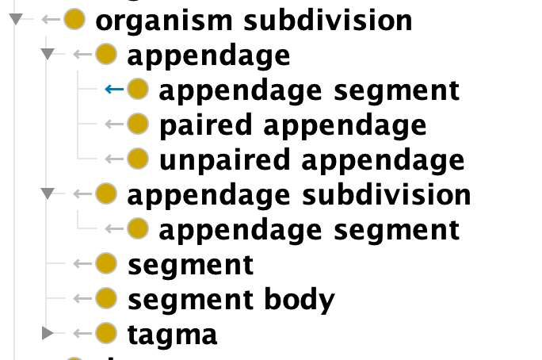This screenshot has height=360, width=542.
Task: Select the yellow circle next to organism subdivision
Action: [74, 19]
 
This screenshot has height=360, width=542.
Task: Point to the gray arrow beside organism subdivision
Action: [50, 19]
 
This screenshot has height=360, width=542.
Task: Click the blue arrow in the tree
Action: [113, 89]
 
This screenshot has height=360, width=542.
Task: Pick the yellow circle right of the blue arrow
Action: [138, 89]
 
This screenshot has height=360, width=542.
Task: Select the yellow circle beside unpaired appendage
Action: [138, 159]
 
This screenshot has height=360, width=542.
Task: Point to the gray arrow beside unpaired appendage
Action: [113, 159]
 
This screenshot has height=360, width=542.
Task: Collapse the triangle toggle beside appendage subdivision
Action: [48, 193]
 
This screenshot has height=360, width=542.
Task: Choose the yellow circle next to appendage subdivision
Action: [105, 193]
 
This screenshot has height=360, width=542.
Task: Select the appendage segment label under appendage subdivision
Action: [309, 229]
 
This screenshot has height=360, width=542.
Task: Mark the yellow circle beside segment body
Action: [105, 298]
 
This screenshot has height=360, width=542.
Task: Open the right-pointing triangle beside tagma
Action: [48, 333]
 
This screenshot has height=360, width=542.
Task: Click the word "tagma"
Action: [172, 334]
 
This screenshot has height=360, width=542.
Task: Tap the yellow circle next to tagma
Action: [105, 333]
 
